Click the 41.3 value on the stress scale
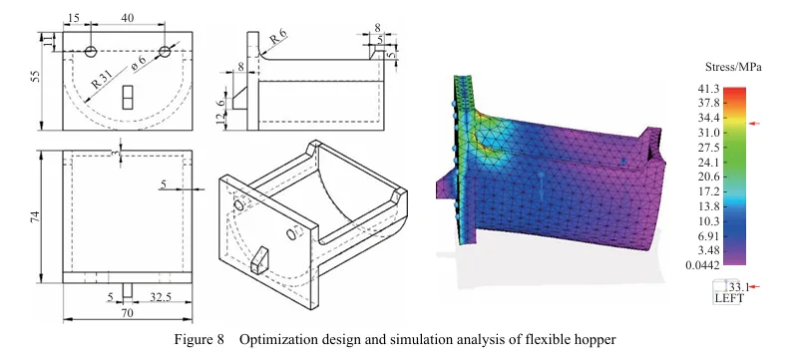tap(708, 89)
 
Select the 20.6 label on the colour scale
tap(708, 178)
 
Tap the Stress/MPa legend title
tap(726, 67)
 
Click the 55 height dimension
tap(36, 76)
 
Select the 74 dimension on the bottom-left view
tap(36, 216)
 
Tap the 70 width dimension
tap(127, 313)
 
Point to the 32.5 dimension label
tap(161, 296)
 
